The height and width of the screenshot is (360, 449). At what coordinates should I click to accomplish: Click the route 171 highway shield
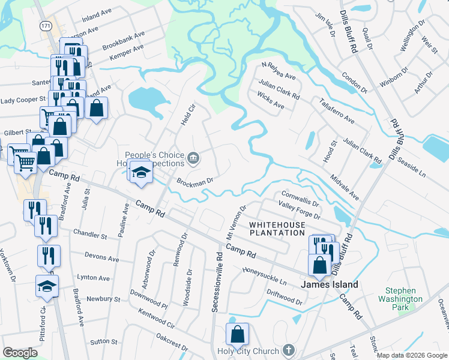46,26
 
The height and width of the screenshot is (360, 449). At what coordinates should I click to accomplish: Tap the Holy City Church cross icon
288,350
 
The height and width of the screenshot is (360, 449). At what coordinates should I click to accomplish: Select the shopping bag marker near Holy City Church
238,334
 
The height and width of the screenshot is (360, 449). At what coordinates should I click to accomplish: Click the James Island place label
330,284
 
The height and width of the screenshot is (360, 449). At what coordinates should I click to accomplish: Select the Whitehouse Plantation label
277,229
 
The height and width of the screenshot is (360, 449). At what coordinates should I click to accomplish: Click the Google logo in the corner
20,353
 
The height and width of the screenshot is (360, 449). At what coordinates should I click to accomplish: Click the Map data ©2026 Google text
411,355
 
